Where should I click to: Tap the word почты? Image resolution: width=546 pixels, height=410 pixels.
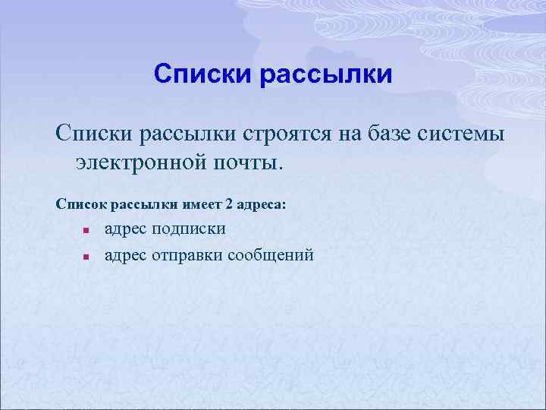(x=246, y=162)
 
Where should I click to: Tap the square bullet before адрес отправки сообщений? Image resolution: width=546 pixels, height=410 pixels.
(x=87, y=257)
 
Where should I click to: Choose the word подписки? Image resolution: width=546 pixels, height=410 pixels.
(x=188, y=229)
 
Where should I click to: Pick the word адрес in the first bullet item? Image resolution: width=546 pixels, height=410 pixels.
(x=126, y=229)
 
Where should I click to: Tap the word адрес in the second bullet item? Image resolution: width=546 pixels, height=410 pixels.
(x=126, y=255)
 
